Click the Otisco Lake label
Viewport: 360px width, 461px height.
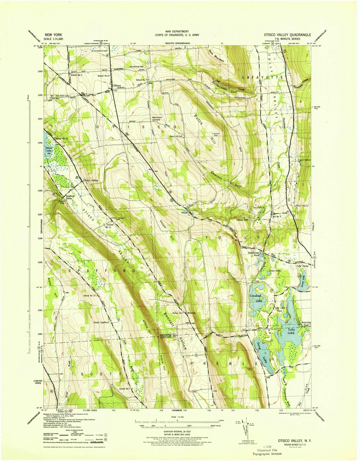pos(49,150)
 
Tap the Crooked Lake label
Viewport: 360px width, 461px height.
pos(255,298)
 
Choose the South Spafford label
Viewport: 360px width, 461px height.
pos(101,322)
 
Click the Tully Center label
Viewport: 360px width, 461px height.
pos(303,266)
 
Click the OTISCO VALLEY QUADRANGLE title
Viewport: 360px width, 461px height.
pos(287,35)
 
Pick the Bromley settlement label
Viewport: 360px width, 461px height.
pos(192,313)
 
